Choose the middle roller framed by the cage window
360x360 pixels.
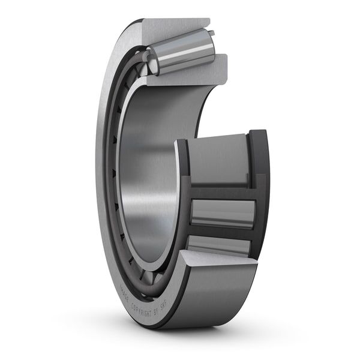pos(222,213)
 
